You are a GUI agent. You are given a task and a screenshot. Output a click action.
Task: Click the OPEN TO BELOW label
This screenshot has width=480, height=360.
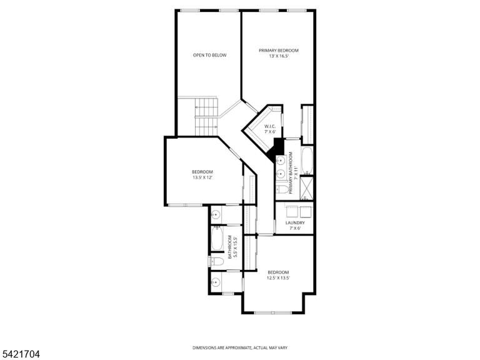(210, 55)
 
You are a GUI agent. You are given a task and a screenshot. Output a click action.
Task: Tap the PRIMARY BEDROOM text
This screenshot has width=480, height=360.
(279, 51)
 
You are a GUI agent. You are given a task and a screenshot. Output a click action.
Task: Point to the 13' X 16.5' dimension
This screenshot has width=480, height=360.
(279, 56)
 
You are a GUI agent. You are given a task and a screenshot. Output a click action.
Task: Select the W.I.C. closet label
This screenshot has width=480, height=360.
(270, 126)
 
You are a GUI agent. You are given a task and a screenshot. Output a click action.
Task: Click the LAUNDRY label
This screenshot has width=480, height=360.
(295, 223)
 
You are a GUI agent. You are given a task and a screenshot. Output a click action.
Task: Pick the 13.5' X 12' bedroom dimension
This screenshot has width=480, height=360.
(202, 177)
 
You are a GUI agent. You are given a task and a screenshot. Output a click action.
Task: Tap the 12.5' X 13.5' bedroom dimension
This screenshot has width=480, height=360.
(278, 278)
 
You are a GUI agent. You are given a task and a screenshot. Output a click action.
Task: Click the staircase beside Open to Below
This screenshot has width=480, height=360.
(206, 116)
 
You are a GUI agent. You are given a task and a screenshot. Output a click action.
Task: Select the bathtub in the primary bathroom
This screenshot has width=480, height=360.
(307, 160)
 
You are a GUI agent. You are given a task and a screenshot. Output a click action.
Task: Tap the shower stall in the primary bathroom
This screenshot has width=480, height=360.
(307, 188)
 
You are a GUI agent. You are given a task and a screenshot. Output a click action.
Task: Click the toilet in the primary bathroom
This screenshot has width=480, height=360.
(282, 190)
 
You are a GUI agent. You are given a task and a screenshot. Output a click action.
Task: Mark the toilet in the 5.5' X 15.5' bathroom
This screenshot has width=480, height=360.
(216, 261)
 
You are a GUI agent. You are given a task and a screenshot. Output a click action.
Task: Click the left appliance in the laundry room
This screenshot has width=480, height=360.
(292, 211)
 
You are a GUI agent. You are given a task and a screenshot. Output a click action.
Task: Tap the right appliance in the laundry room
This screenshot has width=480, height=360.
(306, 211)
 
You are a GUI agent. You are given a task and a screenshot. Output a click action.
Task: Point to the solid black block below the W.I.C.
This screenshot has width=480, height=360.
(277, 149)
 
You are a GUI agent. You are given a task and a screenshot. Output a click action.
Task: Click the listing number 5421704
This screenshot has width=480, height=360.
(20, 354)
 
